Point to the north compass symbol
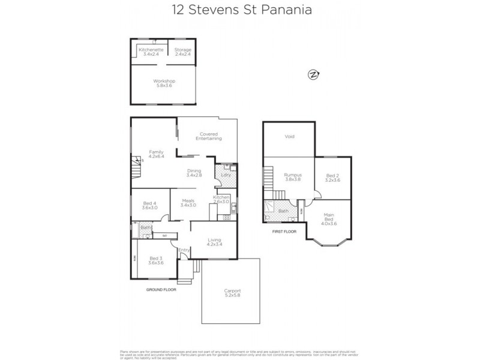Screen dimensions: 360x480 [313, 74]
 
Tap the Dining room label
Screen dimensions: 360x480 [193, 172]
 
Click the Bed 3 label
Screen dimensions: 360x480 [156, 260]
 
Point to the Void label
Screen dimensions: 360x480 [289, 137]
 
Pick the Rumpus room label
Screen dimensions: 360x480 [292, 177]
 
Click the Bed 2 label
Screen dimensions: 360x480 [332, 178]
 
